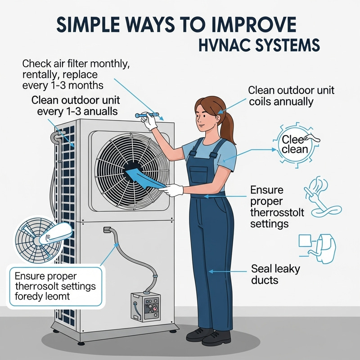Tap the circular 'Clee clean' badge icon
pos(294,144)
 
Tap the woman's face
pos(205,120)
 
